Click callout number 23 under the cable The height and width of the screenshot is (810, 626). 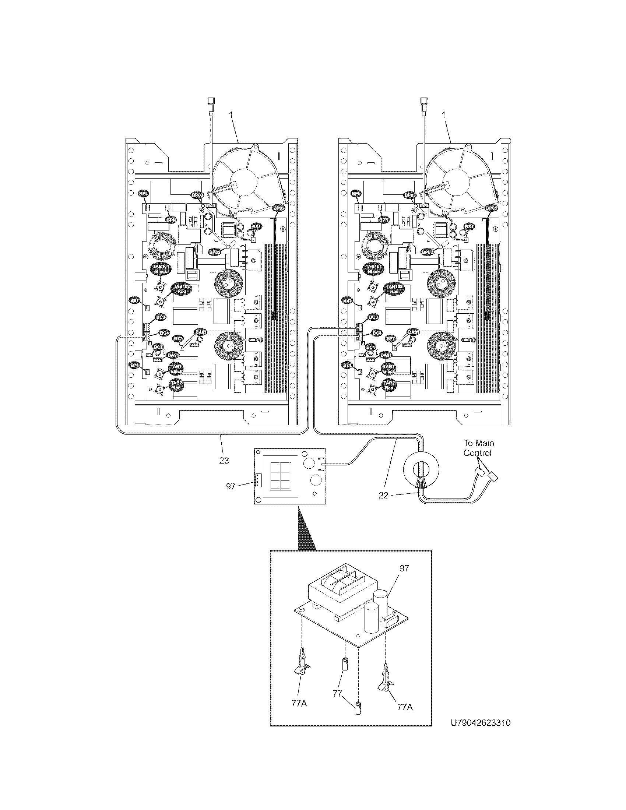(224, 460)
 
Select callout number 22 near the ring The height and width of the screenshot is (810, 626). (383, 495)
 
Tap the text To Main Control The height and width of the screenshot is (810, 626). (478, 448)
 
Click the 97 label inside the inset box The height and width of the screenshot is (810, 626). (404, 568)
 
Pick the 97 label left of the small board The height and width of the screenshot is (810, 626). (231, 486)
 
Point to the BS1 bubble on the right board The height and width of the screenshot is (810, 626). (469, 226)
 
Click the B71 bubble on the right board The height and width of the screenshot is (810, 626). (347, 366)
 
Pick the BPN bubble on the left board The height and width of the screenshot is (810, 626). (171, 220)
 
